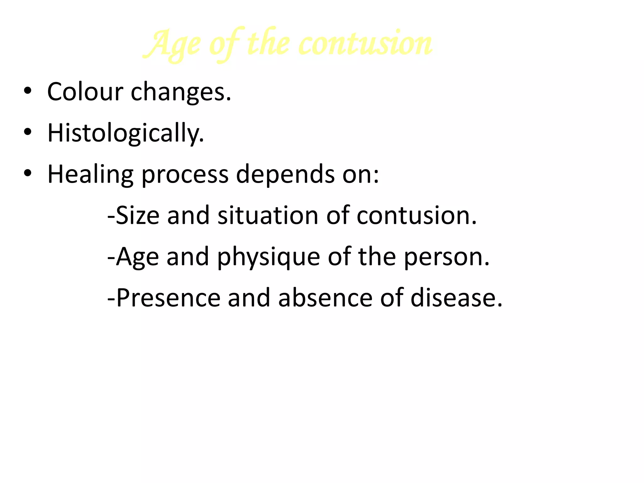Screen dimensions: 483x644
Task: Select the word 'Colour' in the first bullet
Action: (x=85, y=92)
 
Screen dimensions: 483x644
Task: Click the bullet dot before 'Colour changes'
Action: (x=28, y=91)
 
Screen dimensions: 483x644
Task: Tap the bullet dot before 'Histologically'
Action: (x=28, y=132)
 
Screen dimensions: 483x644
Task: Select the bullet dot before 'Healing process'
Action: (x=28, y=174)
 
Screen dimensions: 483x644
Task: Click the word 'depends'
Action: (x=285, y=175)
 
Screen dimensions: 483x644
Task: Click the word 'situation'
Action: (x=268, y=216)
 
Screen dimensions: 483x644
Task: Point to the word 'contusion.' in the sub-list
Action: (x=417, y=216)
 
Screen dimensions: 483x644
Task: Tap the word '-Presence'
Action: (x=164, y=298)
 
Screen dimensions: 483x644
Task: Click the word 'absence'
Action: (x=325, y=298)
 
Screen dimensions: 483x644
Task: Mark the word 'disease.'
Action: (x=456, y=298)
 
